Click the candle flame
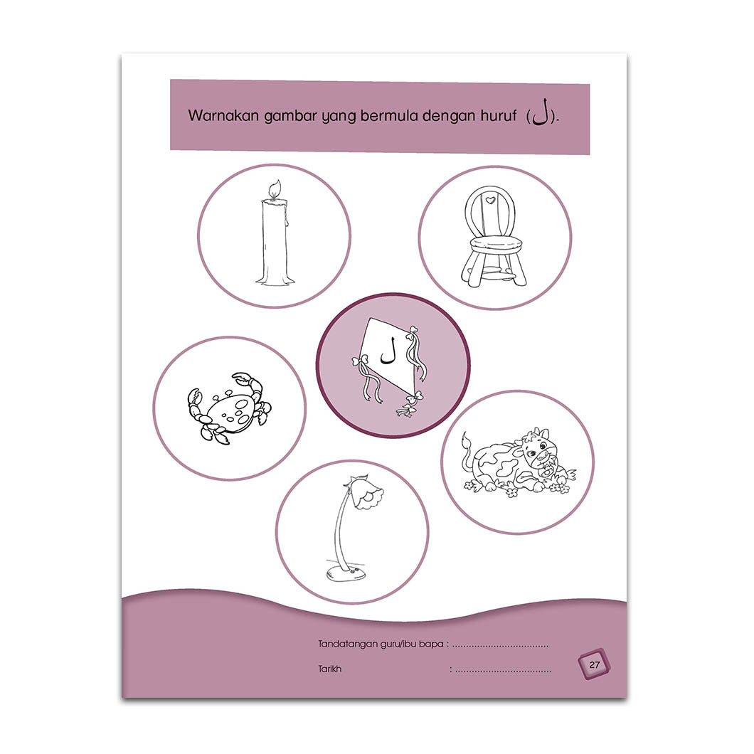click(275, 188)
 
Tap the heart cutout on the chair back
click(490, 200)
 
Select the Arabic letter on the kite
click(388, 351)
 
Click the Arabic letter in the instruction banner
click(540, 113)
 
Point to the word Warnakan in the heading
click(223, 115)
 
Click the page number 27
click(595, 664)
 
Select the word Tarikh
click(330, 669)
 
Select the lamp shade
click(366, 492)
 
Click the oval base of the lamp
click(345, 573)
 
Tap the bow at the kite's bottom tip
click(406, 410)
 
